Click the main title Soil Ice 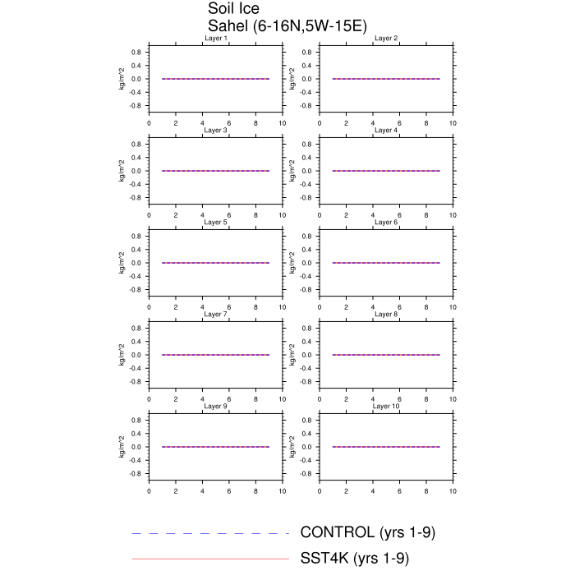click(x=233, y=8)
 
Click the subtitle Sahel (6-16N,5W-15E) click(x=287, y=26)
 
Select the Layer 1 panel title click(x=215, y=38)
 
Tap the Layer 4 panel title click(x=386, y=130)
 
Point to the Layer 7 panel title click(x=215, y=315)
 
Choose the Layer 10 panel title click(x=386, y=407)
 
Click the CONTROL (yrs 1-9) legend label click(x=367, y=532)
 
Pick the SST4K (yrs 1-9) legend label click(x=354, y=559)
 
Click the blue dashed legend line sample click(x=210, y=533)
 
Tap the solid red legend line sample click(x=210, y=559)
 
